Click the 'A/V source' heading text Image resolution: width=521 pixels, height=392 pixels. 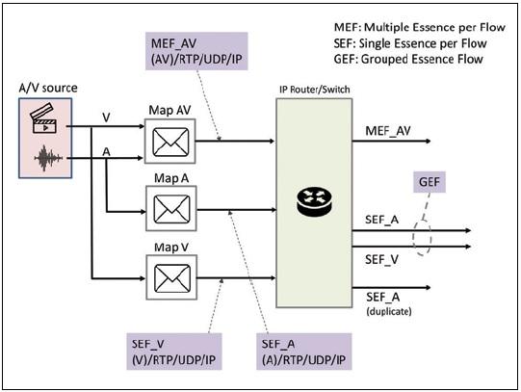47,88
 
